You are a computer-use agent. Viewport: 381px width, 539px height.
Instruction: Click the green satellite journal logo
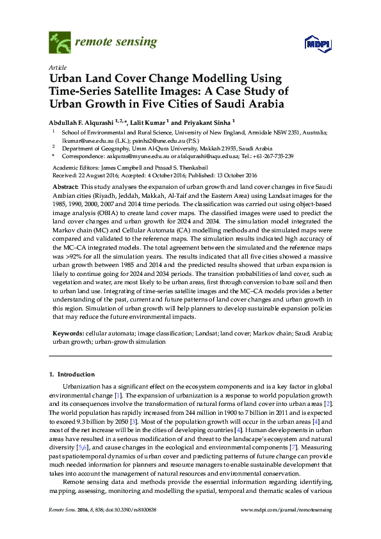(60, 43)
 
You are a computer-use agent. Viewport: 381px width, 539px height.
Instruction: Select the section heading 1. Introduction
(72, 374)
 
